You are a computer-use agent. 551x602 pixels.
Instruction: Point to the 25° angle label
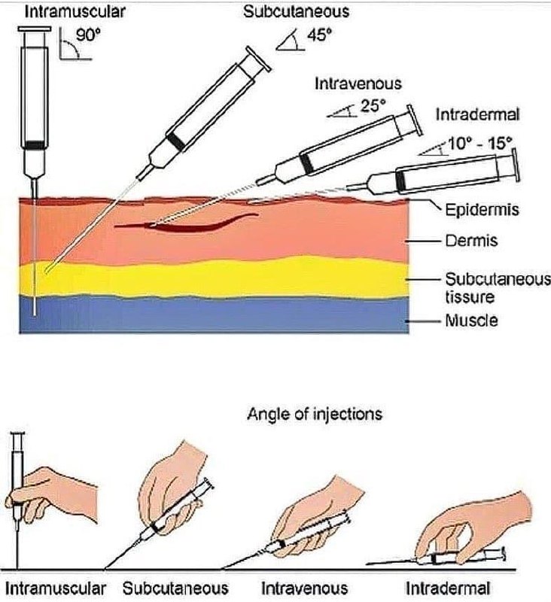[x=371, y=106]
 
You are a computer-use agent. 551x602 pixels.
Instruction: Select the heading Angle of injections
[x=315, y=413]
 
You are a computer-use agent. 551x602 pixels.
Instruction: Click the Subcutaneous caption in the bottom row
[x=175, y=587]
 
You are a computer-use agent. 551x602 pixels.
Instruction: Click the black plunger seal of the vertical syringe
[x=35, y=144]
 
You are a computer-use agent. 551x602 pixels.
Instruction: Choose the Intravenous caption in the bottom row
[x=305, y=587]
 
